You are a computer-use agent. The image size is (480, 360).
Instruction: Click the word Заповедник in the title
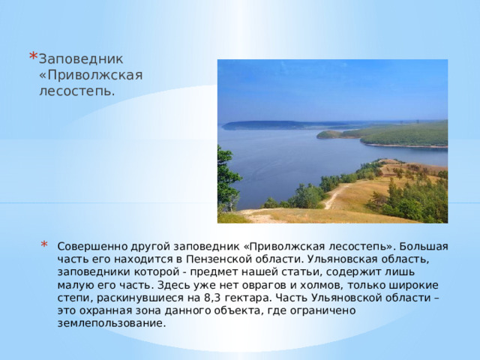tap(81, 58)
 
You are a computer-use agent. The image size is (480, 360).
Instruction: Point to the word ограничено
tap(322, 310)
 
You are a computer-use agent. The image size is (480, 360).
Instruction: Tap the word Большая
tap(427, 246)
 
